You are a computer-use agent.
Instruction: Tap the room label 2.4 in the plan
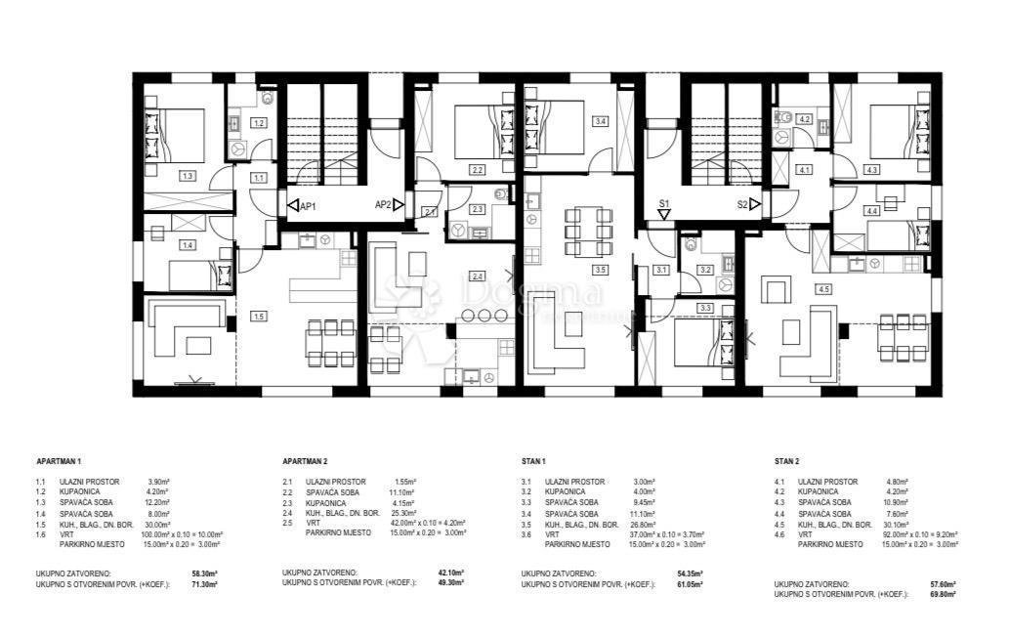477,276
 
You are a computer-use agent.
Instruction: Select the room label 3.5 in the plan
600,270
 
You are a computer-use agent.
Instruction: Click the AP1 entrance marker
302,205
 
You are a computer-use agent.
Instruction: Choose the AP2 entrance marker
389,205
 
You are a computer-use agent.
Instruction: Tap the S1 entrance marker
663,205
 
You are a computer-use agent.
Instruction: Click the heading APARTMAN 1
59,458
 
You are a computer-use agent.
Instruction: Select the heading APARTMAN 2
306,458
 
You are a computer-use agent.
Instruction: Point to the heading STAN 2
788,458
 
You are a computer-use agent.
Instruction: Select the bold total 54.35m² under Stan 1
687,573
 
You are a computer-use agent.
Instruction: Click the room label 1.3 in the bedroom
188,176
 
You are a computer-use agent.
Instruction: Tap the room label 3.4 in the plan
600,121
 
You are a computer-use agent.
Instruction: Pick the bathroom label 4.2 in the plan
805,119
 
